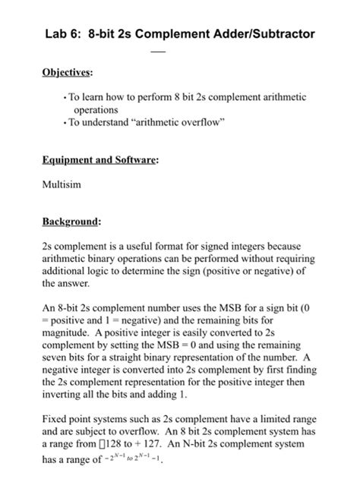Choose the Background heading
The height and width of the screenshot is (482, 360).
point(71,222)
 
